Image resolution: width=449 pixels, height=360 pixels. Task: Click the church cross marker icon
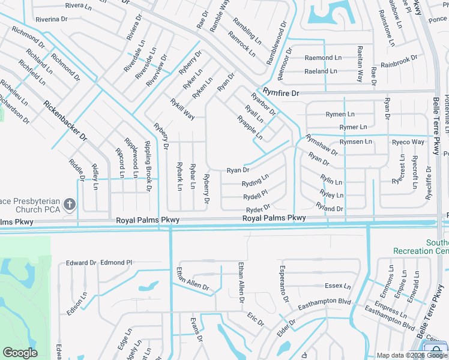70,205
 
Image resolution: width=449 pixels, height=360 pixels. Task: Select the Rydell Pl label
255,196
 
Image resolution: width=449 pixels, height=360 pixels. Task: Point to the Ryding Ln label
255,181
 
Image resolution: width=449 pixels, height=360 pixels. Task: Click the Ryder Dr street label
259,209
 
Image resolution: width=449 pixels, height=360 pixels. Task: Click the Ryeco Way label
408,142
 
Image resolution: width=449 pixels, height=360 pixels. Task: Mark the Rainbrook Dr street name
399,61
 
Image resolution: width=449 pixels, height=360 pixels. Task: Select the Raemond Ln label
323,58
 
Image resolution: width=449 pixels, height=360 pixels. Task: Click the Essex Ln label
337,286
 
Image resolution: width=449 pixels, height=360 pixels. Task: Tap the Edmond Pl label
116,262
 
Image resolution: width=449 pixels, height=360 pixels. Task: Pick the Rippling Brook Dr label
147,166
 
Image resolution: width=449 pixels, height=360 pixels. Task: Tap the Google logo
20,353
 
